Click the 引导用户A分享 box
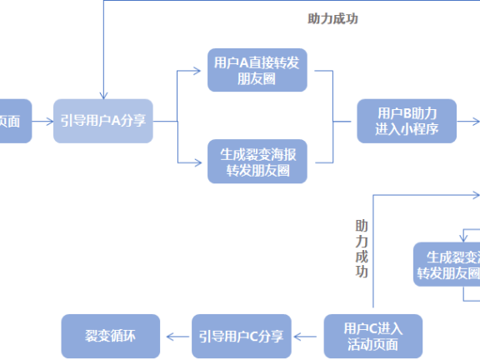click(x=104, y=122)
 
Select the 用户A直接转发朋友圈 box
click(x=257, y=71)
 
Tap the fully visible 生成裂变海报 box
click(x=257, y=162)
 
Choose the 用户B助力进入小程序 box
click(x=407, y=122)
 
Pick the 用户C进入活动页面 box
click(x=372, y=336)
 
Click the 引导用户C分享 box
click(x=241, y=336)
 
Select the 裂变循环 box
click(x=110, y=336)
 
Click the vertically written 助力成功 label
click(x=361, y=249)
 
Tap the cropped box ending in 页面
click(x=12, y=122)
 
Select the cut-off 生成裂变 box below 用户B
click(x=448, y=264)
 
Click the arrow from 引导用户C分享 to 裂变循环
click(x=177, y=336)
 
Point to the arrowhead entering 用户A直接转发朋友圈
click(x=202, y=71)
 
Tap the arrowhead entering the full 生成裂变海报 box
click(x=202, y=162)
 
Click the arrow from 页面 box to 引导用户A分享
click(x=44, y=122)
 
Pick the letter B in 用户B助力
click(x=411, y=113)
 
